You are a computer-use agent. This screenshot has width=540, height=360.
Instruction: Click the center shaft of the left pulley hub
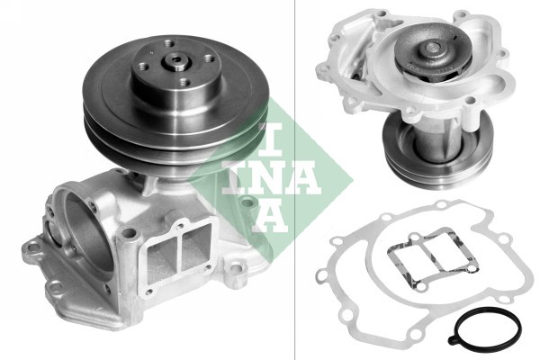point(177,62)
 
